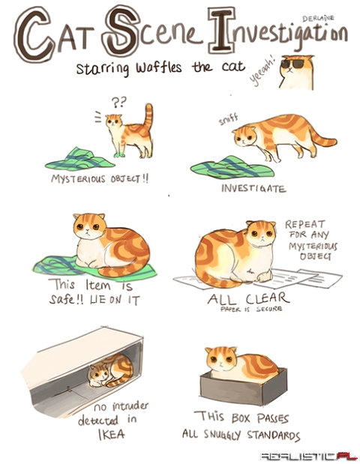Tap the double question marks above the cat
point(119,99)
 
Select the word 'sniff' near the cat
point(229,118)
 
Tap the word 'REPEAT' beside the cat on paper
point(304,224)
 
